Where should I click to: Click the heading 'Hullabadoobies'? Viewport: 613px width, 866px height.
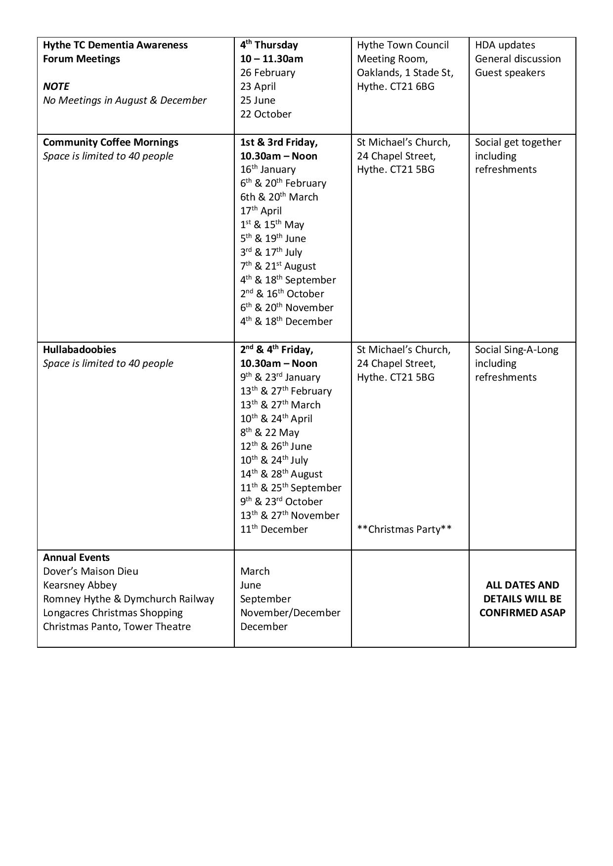[x=80, y=350]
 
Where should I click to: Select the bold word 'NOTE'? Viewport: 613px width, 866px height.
[x=56, y=86]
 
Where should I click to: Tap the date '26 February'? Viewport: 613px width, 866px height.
[x=267, y=73]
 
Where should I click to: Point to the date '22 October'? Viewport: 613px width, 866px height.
[x=266, y=114]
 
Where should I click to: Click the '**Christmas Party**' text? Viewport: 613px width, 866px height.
[x=404, y=529]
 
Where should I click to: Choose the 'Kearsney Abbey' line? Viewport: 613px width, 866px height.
[x=80, y=585]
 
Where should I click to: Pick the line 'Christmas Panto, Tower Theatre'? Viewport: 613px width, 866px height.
[x=117, y=627]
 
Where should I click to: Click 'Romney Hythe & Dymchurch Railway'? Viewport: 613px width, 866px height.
[x=129, y=599]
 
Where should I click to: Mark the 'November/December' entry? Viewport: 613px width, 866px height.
[x=290, y=613]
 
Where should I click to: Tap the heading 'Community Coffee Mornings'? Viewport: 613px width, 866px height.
[x=111, y=142]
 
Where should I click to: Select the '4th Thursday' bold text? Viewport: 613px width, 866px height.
[x=269, y=45]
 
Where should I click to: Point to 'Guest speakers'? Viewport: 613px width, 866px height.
[x=510, y=73]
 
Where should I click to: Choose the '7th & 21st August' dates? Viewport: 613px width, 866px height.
[x=278, y=266]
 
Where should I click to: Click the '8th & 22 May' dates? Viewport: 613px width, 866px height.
[x=269, y=433]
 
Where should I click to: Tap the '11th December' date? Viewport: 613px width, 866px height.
[x=274, y=529]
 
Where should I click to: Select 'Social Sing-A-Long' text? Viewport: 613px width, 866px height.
[x=517, y=350]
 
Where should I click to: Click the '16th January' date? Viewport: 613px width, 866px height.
[x=268, y=169]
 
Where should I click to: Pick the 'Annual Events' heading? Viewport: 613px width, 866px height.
[x=76, y=557]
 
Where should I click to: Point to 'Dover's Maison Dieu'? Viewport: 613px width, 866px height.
[x=90, y=571]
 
